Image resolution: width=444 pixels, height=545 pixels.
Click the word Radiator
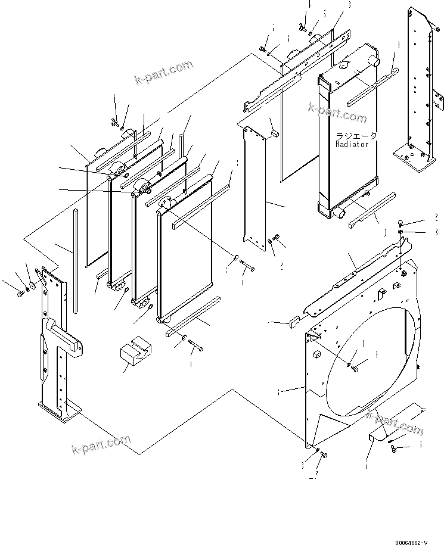(352, 144)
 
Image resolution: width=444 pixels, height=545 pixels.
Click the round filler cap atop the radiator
(345, 64)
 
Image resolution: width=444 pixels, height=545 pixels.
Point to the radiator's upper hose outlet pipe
(376, 61)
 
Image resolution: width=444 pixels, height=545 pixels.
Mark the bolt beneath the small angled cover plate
(395, 449)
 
